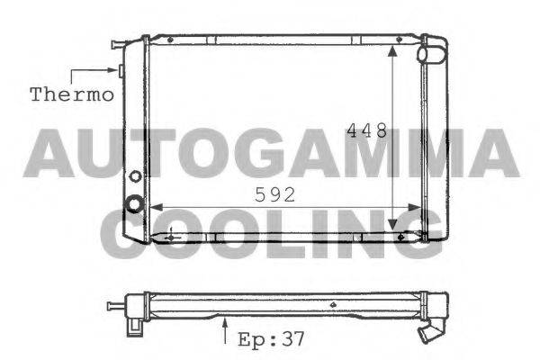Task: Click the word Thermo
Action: [x=72, y=93]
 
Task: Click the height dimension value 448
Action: [x=367, y=130]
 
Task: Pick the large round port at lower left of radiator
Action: [x=135, y=204]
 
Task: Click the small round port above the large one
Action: [x=136, y=176]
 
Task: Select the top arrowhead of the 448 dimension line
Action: [x=393, y=51]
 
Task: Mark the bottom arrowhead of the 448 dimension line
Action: [x=393, y=227]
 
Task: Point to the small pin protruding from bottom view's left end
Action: [x=113, y=306]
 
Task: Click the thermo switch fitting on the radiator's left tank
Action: [x=120, y=70]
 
